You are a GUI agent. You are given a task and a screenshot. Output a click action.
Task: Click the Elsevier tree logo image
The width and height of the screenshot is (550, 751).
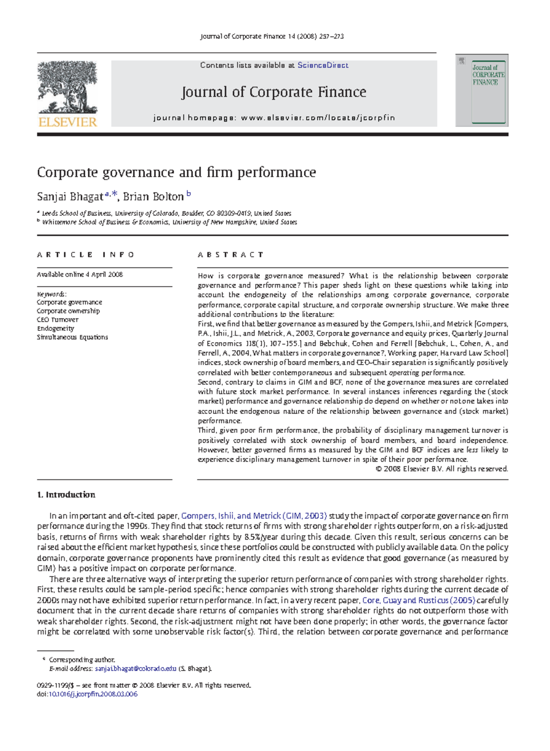(67, 87)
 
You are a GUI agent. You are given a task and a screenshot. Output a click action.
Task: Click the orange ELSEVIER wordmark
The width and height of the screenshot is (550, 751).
(67, 122)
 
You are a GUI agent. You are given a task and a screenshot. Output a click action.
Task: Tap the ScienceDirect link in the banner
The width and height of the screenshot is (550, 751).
(323, 65)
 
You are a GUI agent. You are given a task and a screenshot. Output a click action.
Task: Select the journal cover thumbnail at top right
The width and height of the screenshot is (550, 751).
(482, 90)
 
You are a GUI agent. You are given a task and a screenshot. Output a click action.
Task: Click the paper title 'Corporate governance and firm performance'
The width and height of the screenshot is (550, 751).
(176, 172)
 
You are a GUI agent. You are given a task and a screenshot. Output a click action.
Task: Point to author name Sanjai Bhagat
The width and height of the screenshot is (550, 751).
(70, 197)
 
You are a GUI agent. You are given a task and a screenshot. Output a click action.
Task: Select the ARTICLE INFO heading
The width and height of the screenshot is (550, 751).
(85, 255)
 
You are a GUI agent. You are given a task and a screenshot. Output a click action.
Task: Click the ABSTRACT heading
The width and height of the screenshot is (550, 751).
(231, 255)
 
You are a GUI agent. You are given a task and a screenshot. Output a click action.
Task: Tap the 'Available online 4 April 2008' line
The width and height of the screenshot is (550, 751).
(80, 274)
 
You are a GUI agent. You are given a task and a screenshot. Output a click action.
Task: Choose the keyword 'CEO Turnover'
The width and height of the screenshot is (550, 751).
(58, 320)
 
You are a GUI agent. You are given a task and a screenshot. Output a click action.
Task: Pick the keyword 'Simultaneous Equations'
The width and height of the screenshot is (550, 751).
(72, 337)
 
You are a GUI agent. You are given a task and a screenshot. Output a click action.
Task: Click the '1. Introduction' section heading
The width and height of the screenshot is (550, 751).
(66, 495)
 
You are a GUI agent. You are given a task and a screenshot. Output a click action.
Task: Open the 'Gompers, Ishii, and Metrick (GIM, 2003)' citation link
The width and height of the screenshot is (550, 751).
(254, 516)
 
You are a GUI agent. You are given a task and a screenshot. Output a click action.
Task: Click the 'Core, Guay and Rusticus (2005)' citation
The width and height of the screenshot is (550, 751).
(418, 600)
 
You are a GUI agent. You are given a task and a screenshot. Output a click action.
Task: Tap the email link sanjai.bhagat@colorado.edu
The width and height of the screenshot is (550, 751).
(135, 668)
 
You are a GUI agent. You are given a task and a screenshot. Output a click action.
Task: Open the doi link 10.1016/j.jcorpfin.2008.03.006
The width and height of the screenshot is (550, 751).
(93, 694)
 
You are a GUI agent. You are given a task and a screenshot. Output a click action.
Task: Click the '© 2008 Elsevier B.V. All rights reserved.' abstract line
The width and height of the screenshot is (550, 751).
(441, 469)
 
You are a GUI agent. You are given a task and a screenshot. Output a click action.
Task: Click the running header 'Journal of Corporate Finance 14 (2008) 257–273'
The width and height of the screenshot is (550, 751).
(272, 36)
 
